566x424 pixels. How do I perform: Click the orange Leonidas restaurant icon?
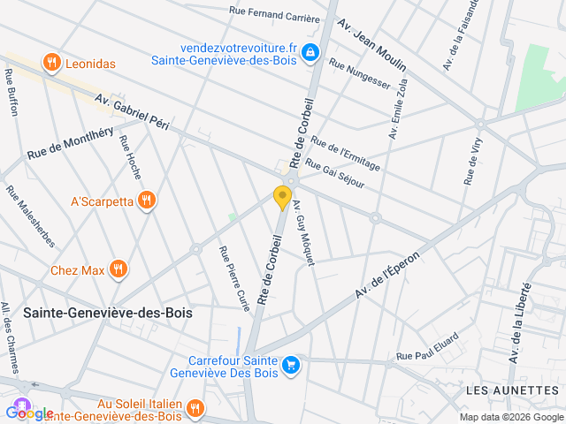click(x=52, y=63)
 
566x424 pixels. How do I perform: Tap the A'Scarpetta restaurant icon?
click(x=147, y=201)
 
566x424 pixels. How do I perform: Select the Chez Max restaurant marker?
click(x=118, y=269)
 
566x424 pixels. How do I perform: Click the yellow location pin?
click(x=283, y=197)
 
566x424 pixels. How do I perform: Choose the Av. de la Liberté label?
click(x=519, y=322)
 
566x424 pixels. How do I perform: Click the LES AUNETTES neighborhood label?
click(x=512, y=390)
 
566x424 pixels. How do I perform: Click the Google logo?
click(x=29, y=413)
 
